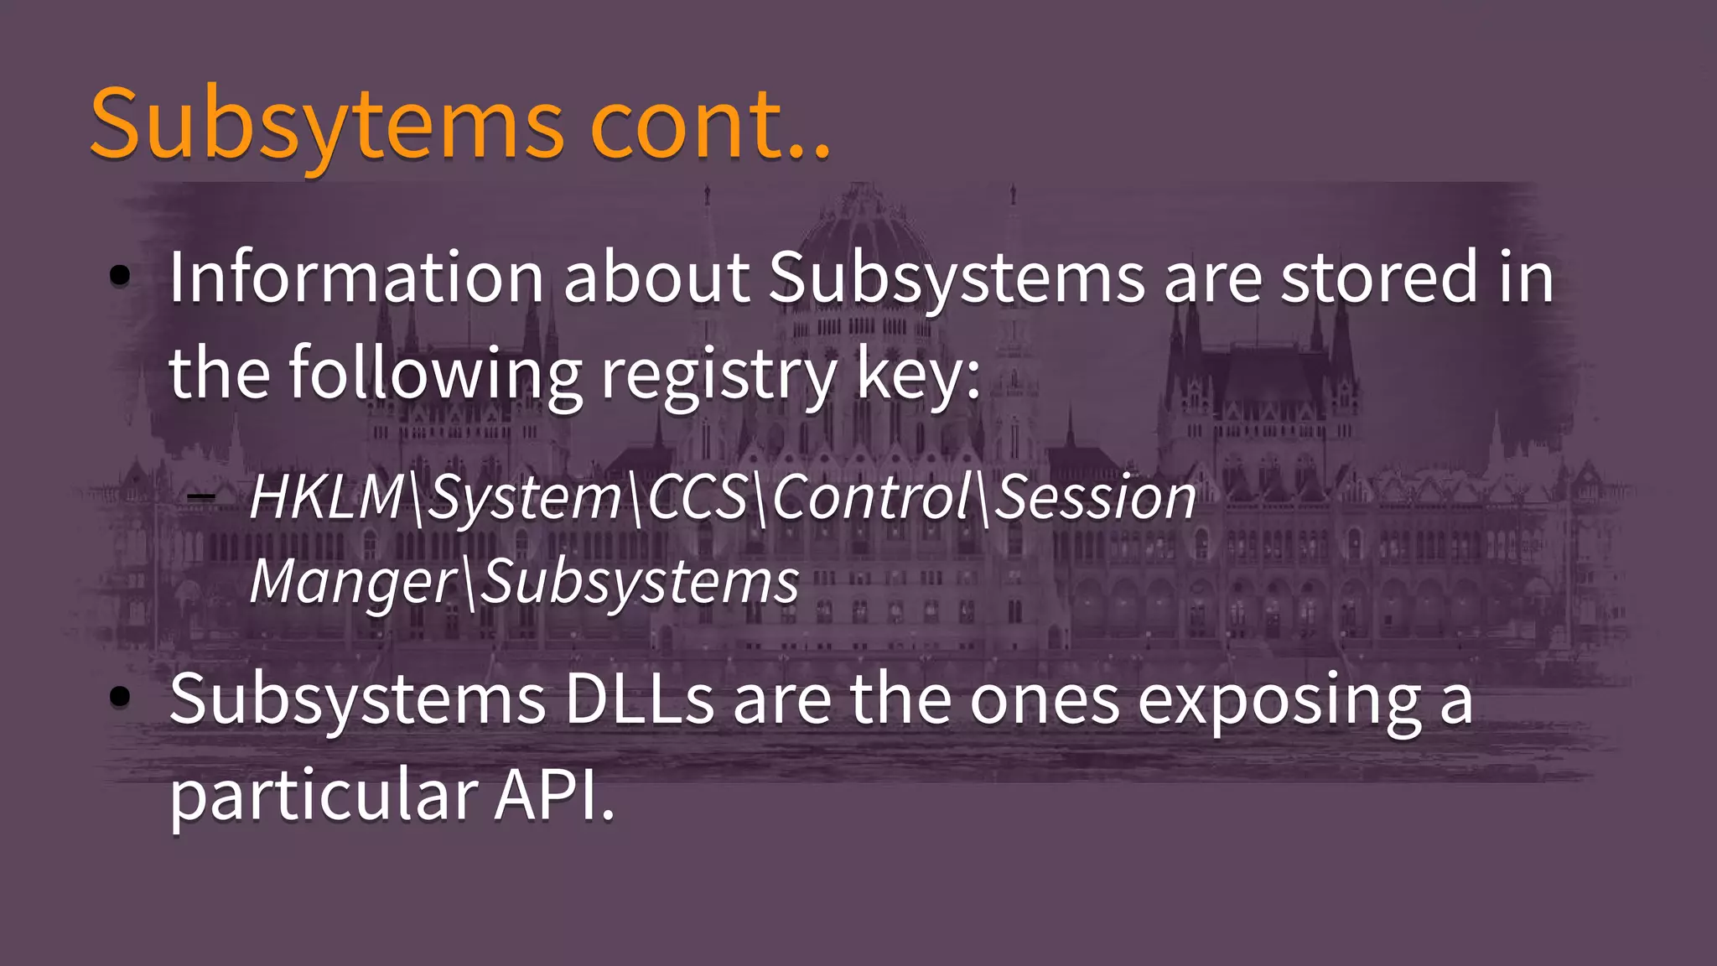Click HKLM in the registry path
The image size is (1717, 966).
click(327, 497)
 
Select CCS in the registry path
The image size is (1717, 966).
click(697, 497)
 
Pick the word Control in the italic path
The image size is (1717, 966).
click(871, 497)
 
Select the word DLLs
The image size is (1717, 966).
click(639, 700)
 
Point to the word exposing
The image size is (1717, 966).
click(1279, 700)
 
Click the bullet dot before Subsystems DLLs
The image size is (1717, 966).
click(120, 696)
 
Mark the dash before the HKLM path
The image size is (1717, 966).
click(201, 497)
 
